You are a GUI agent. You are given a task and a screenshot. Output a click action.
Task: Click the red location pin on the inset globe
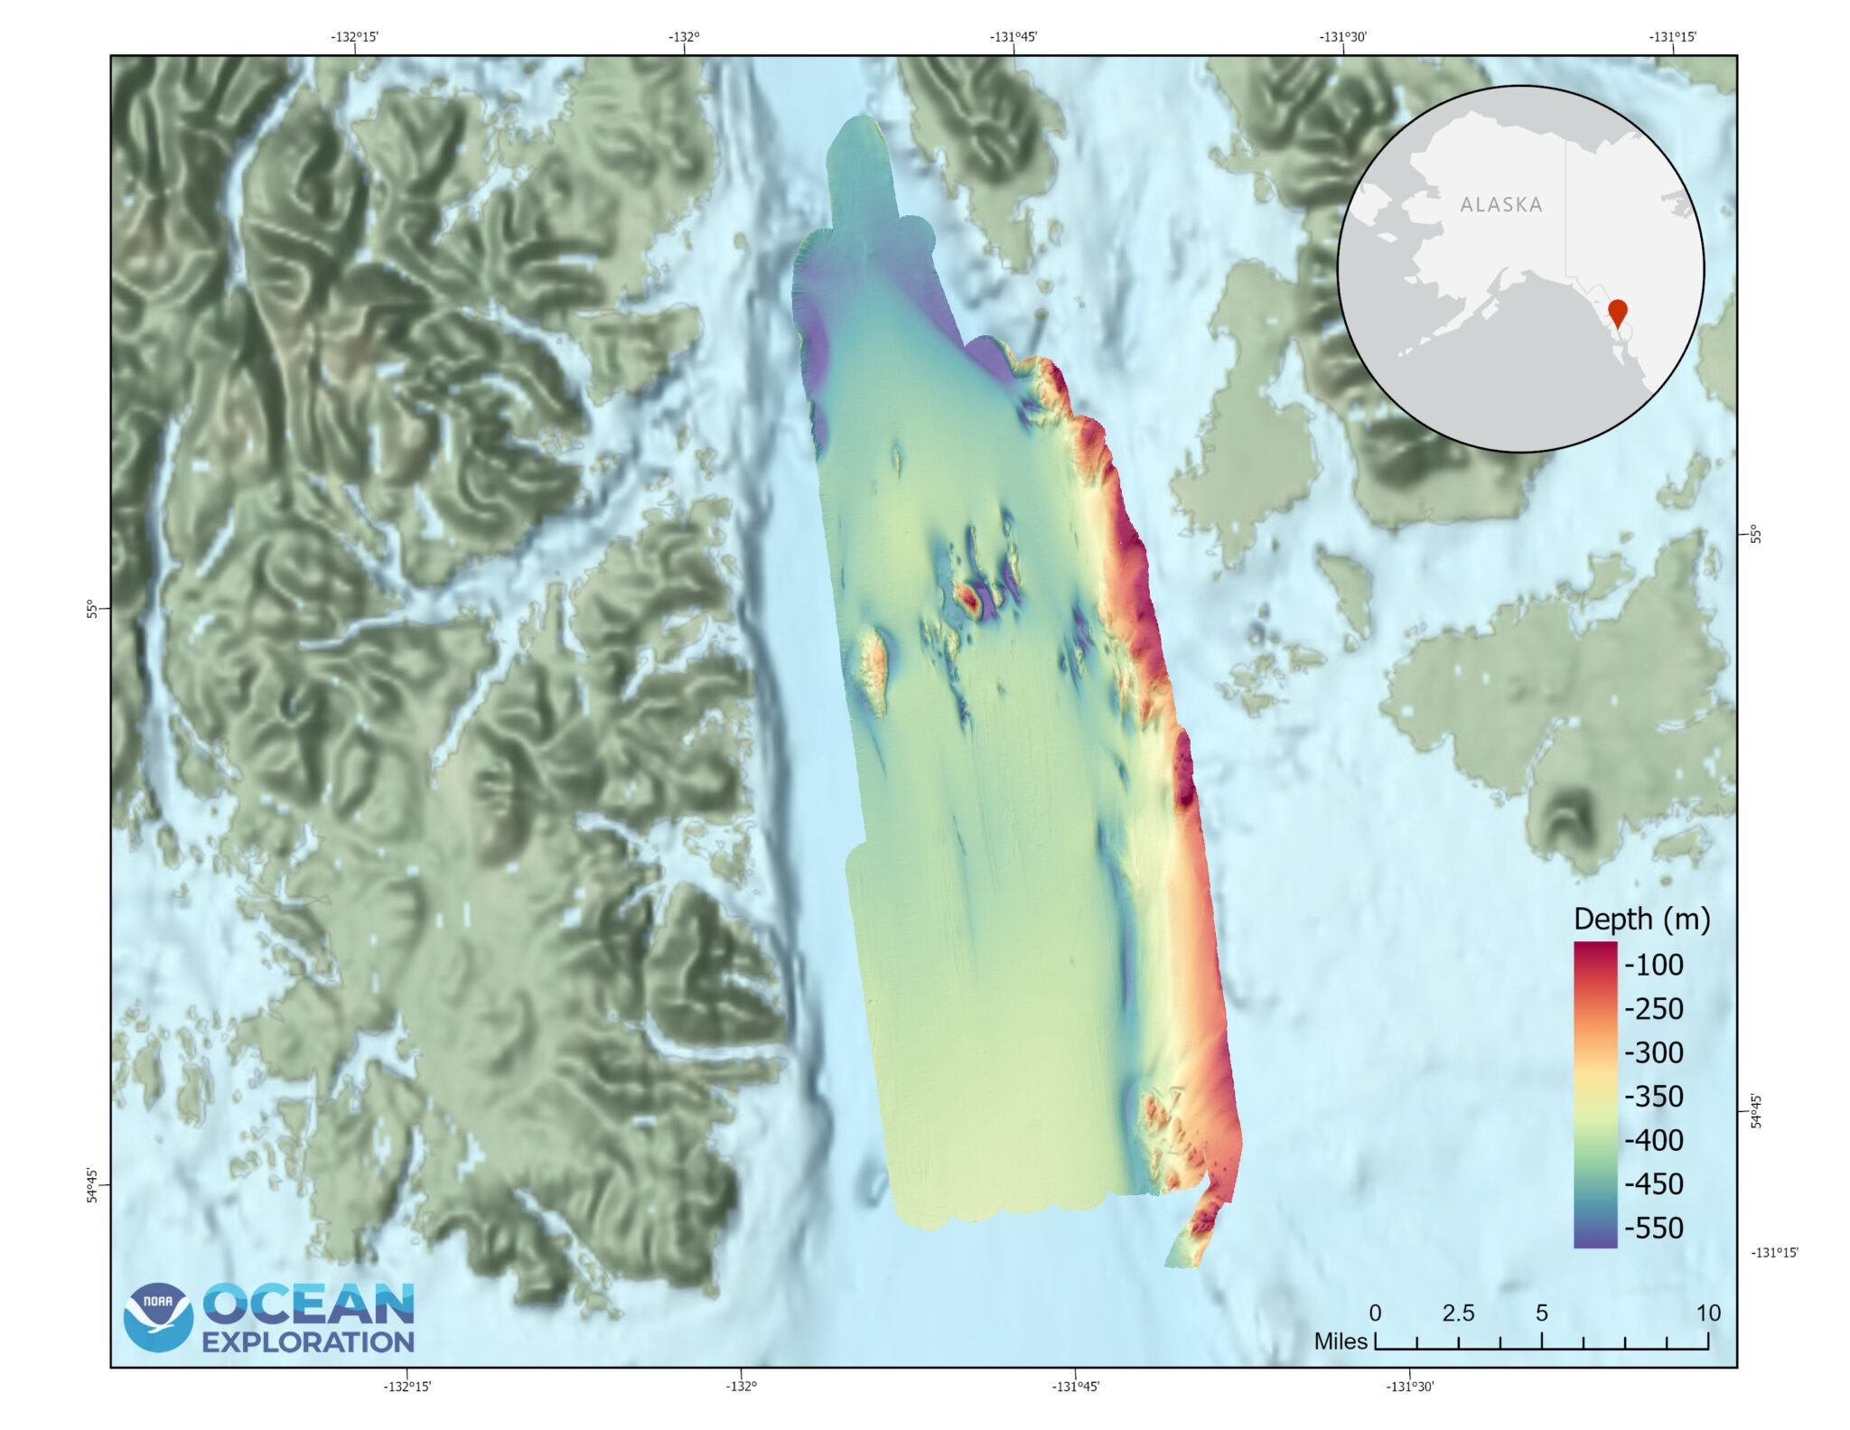pyautogui.click(x=1617, y=311)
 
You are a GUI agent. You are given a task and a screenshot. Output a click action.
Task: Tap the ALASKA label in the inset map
pyautogui.click(x=1501, y=205)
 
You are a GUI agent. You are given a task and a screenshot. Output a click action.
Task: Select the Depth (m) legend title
pyautogui.click(x=1641, y=919)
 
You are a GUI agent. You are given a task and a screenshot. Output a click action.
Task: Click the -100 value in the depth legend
pyautogui.click(x=1653, y=965)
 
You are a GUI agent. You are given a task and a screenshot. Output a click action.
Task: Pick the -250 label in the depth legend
pyautogui.click(x=1653, y=1008)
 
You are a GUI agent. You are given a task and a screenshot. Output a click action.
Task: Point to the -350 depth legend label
pyautogui.click(x=1653, y=1096)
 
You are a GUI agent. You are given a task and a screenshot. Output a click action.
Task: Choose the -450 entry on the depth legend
pyautogui.click(x=1653, y=1183)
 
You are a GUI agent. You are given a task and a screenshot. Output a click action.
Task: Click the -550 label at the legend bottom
pyautogui.click(x=1653, y=1228)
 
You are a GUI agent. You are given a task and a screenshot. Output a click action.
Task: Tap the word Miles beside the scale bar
pyautogui.click(x=1341, y=1341)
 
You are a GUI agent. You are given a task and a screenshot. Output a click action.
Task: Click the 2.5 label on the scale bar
pyautogui.click(x=1458, y=1313)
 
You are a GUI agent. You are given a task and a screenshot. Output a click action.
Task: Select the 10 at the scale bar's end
pyautogui.click(x=1707, y=1313)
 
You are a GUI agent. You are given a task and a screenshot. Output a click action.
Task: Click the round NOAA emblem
pyautogui.click(x=158, y=1317)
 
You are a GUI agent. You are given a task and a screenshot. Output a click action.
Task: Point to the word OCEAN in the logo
pyautogui.click(x=308, y=1304)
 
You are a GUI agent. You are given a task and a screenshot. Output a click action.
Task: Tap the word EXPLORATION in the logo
pyautogui.click(x=308, y=1341)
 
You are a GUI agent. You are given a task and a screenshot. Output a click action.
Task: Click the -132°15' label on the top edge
pyautogui.click(x=354, y=37)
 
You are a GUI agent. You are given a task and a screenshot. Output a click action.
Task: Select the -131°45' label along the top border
pyautogui.click(x=1013, y=37)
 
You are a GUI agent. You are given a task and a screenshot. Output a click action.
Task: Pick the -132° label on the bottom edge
pyautogui.click(x=741, y=1387)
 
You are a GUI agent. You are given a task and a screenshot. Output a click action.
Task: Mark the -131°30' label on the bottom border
pyautogui.click(x=1409, y=1387)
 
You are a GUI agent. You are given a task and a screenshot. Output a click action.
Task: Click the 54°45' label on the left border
pyautogui.click(x=92, y=1184)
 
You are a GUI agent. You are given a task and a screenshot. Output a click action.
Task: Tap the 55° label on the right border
pyautogui.click(x=1755, y=534)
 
